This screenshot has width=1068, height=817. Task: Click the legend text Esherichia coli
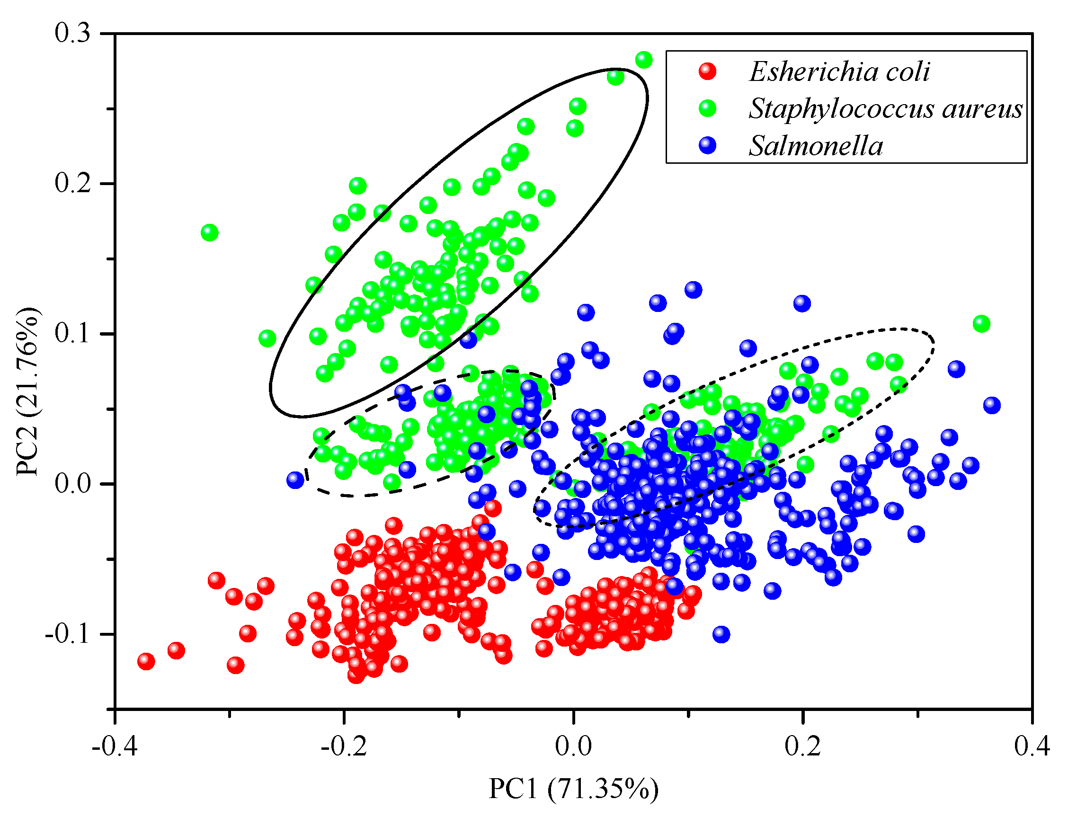[x=839, y=72]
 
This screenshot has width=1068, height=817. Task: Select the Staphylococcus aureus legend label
[x=886, y=108]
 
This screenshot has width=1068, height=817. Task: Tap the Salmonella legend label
[x=816, y=146]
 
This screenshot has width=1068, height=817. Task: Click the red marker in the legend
[x=708, y=71]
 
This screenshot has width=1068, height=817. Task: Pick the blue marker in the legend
[x=708, y=145]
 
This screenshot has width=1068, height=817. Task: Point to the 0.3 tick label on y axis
[x=72, y=34]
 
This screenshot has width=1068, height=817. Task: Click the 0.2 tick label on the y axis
[x=72, y=184]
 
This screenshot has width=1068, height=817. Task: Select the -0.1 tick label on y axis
[x=68, y=634]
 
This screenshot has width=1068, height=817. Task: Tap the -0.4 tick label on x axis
[x=115, y=746]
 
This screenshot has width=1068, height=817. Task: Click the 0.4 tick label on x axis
[x=1032, y=746]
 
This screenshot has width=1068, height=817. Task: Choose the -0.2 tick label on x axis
[x=344, y=746]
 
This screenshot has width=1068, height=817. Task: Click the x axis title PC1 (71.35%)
[x=573, y=789]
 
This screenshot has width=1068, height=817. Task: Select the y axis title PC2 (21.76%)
[x=27, y=391]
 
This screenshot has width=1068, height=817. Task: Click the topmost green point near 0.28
[x=644, y=60]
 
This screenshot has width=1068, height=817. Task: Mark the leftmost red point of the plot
[x=146, y=661]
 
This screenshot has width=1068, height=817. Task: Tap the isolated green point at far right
[x=981, y=323]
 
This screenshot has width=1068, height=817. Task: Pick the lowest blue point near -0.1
[x=721, y=634]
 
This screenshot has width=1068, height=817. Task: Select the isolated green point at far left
[x=209, y=232]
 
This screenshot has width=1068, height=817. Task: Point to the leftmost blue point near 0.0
[x=295, y=480]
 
